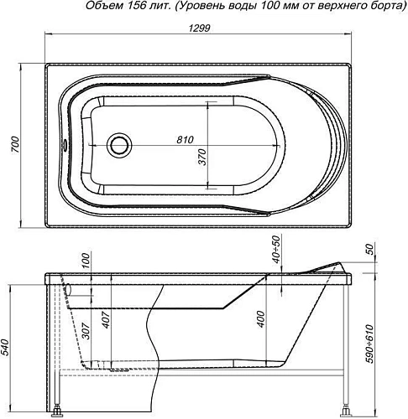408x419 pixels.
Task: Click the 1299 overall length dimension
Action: tap(199, 28)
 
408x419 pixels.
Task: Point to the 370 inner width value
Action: tap(201, 158)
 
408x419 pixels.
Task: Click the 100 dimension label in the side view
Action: tap(86, 261)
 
